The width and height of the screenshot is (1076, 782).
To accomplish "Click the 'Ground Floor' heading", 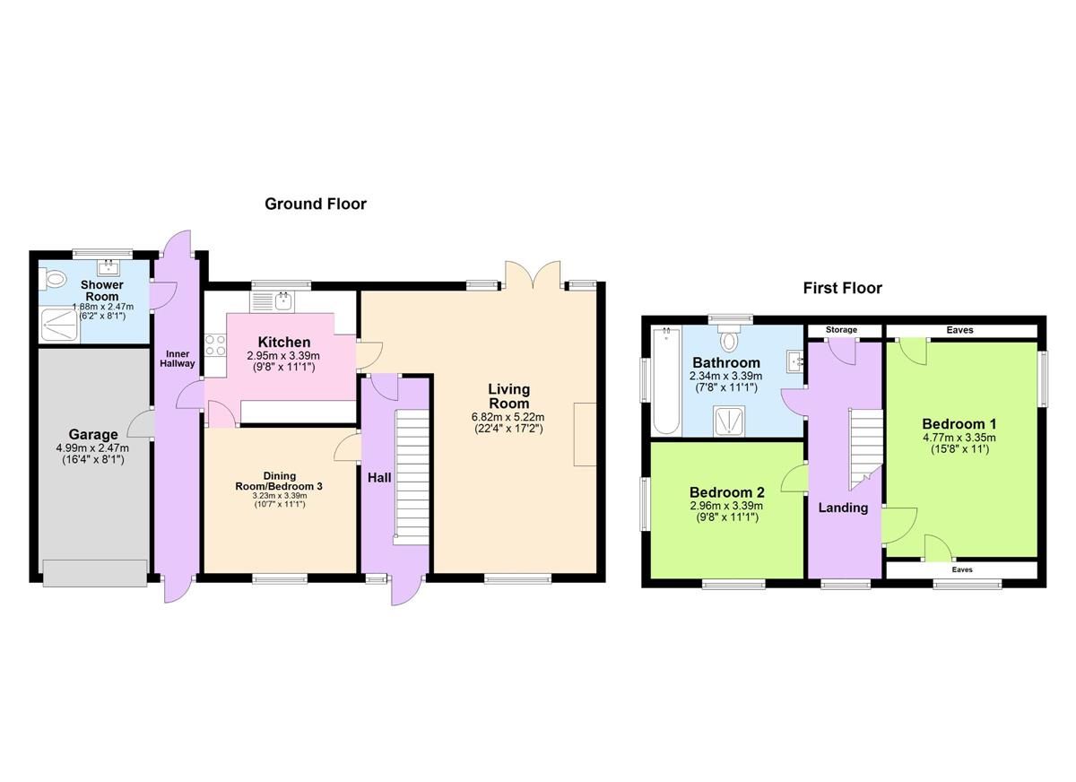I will point(315,204).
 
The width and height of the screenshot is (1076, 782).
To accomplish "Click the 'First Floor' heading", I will point(842,288).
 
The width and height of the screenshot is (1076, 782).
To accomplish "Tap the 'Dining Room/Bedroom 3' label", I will point(280,481).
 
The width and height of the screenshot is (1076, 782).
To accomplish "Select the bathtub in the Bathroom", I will point(665,381).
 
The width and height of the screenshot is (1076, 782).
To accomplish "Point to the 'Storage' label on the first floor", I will point(841,330).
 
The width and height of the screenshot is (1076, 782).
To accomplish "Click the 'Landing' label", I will point(843,508).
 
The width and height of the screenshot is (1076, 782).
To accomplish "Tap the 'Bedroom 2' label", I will point(726,492).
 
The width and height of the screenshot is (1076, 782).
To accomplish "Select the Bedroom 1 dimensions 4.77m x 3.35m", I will point(959,438).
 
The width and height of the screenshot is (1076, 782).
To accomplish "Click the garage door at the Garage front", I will point(94,572).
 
